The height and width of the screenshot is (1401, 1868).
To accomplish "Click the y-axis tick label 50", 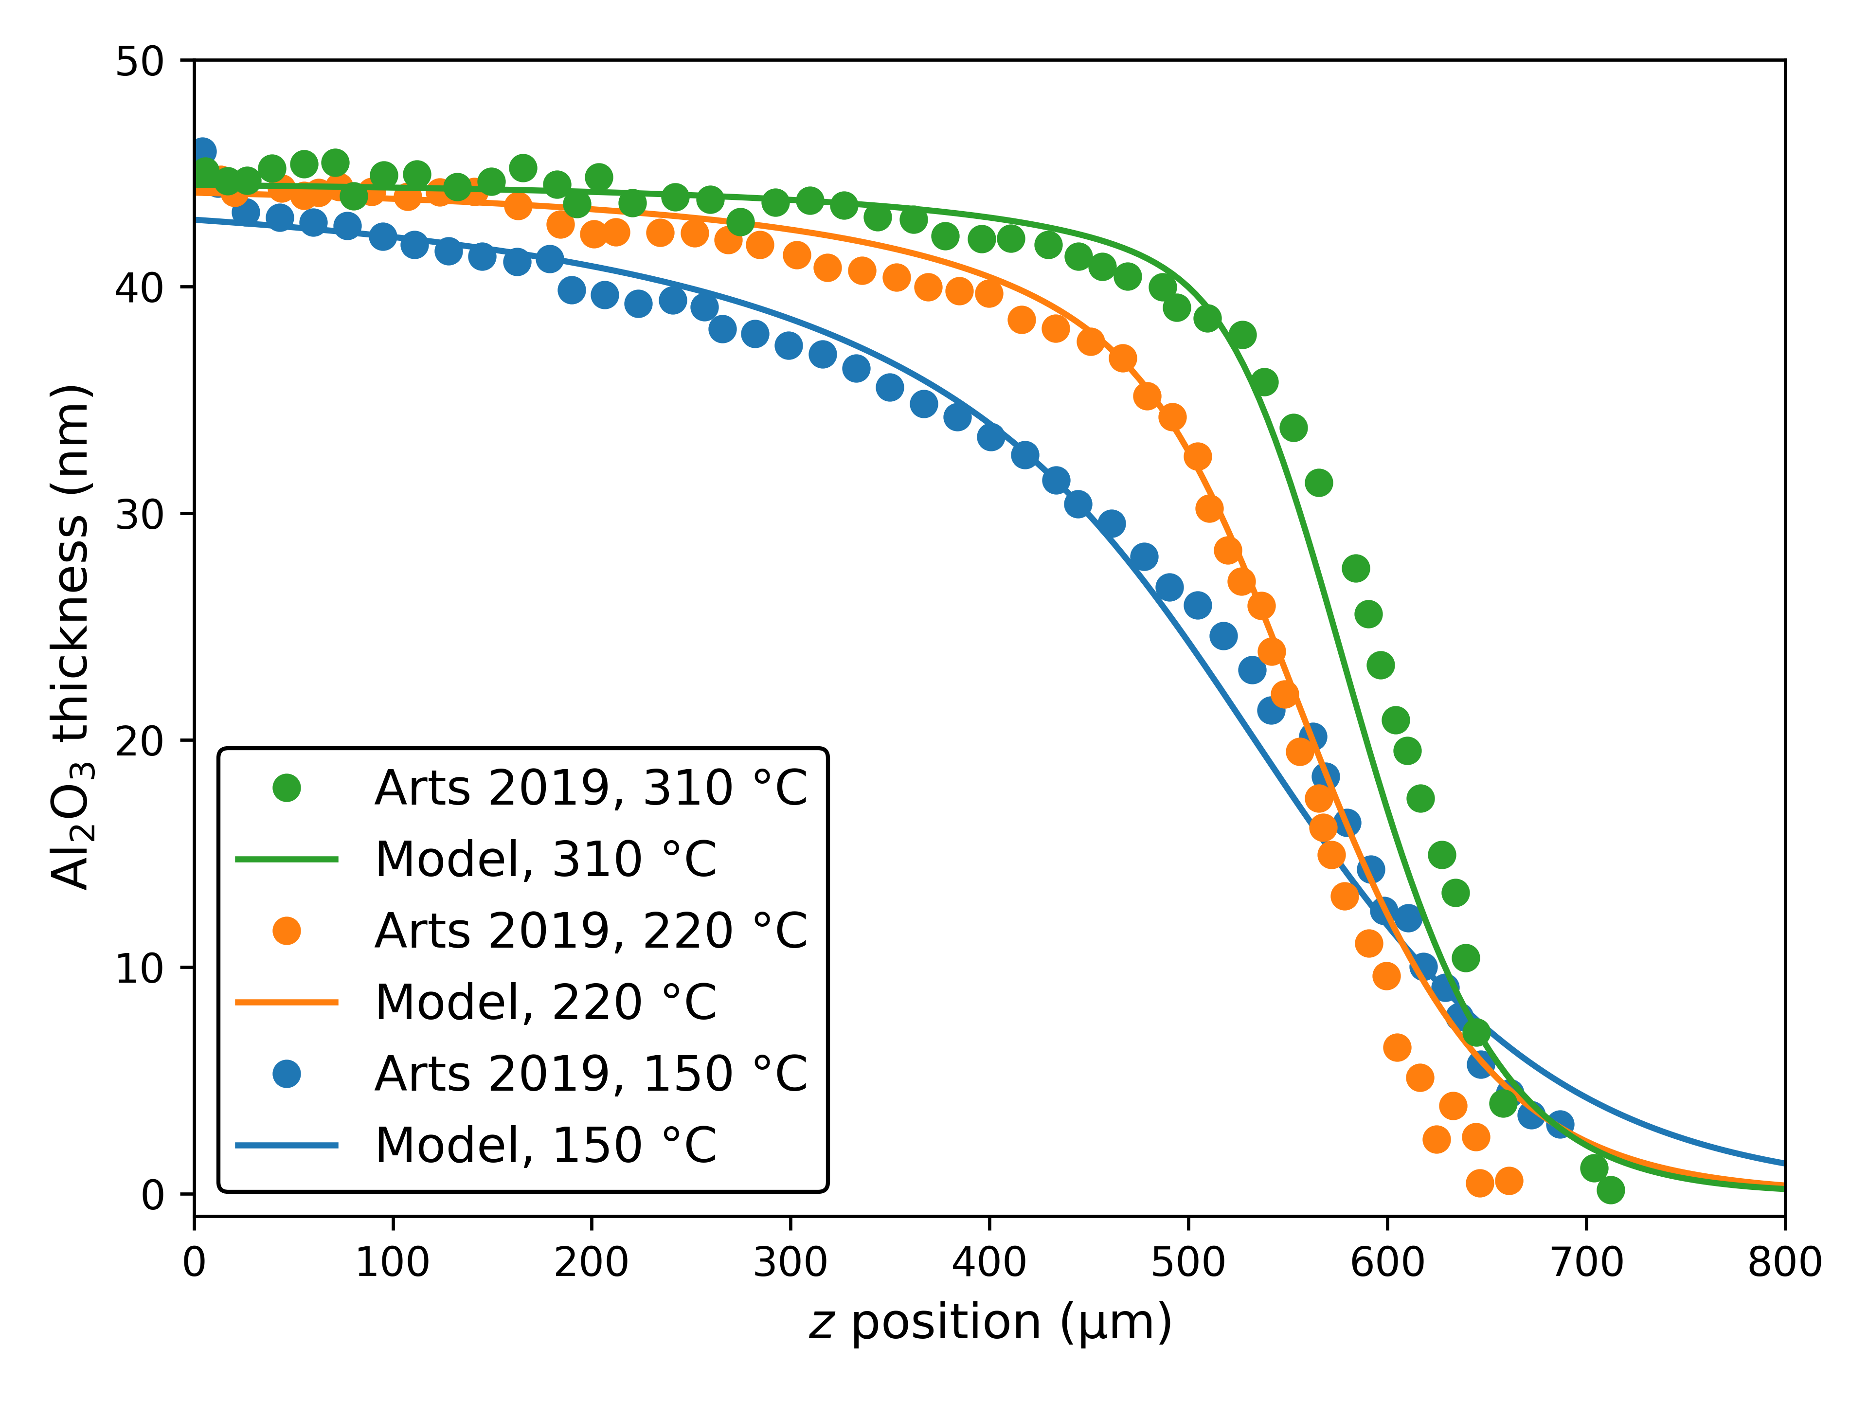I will [x=139, y=62].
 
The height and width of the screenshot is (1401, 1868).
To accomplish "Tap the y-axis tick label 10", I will [x=139, y=968].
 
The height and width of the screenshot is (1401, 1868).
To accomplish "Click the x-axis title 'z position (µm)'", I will [x=990, y=1323].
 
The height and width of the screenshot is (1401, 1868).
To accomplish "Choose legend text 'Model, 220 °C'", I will [x=545, y=1003].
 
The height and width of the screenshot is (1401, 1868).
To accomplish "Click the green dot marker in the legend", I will [x=287, y=788].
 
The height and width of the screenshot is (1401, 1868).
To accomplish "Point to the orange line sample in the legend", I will [x=287, y=1003].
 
